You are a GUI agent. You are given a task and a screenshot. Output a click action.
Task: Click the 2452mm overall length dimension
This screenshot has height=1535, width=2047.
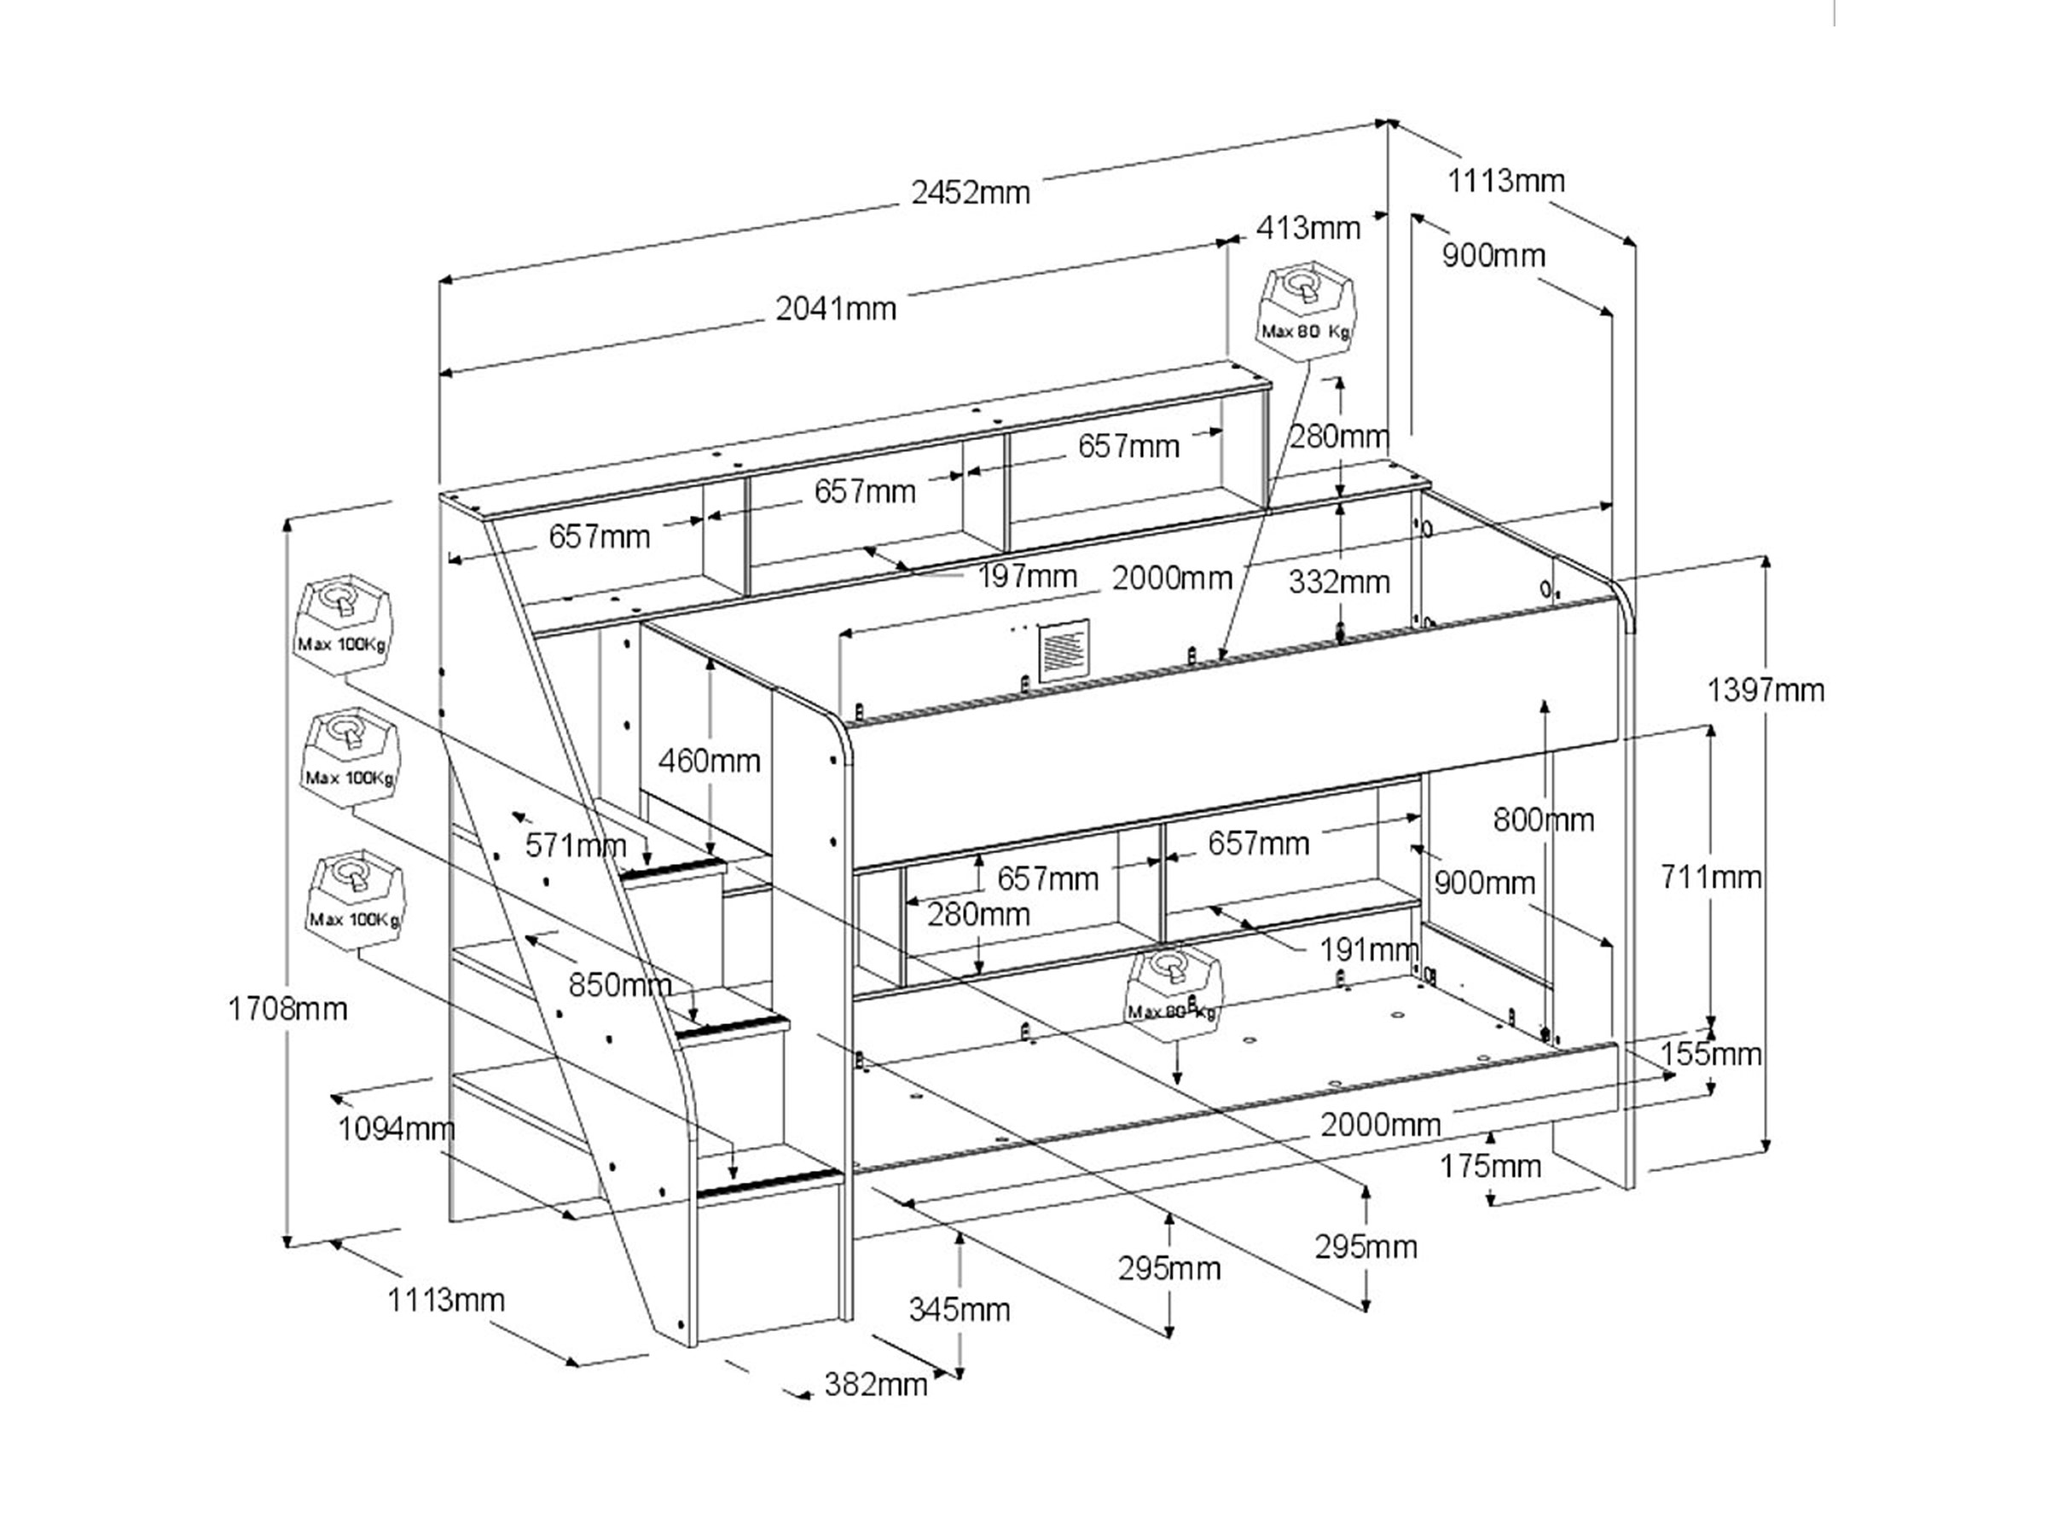970,193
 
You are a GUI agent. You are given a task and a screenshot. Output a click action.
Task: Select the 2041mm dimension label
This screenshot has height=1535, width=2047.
836,308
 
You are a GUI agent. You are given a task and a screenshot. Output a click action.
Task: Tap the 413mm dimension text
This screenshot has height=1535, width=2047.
1308,228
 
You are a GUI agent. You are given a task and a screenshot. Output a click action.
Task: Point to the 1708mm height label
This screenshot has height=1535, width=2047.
287,1009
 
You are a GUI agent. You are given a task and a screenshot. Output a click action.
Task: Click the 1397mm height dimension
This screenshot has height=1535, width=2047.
1765,690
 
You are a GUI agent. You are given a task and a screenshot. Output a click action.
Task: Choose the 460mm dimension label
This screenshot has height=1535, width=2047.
709,761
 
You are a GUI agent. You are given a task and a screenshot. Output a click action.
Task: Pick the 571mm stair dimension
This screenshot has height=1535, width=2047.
576,845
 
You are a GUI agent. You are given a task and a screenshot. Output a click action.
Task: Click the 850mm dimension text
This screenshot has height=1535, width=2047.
620,984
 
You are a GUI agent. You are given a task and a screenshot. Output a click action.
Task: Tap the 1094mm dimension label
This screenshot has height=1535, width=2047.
396,1129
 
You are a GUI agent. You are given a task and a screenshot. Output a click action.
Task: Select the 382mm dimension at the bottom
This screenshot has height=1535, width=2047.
875,1384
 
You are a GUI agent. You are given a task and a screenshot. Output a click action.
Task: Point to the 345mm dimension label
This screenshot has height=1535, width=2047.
959,1309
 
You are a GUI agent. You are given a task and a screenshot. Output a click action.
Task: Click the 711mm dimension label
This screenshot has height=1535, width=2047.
1710,876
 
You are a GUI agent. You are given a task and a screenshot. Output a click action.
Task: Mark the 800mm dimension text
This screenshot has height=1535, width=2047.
1544,820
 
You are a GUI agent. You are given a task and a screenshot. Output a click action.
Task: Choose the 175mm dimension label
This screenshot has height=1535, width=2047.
1490,1166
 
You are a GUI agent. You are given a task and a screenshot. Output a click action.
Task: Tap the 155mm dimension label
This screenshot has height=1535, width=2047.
1710,1054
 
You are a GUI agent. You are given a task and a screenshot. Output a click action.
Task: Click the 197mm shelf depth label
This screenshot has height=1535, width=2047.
1027,576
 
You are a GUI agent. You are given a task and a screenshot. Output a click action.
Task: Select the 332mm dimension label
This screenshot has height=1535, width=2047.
1339,582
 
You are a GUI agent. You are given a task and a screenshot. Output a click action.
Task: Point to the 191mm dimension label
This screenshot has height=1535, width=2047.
1369,949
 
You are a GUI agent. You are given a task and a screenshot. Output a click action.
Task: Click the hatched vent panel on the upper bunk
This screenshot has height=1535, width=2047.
1064,652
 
